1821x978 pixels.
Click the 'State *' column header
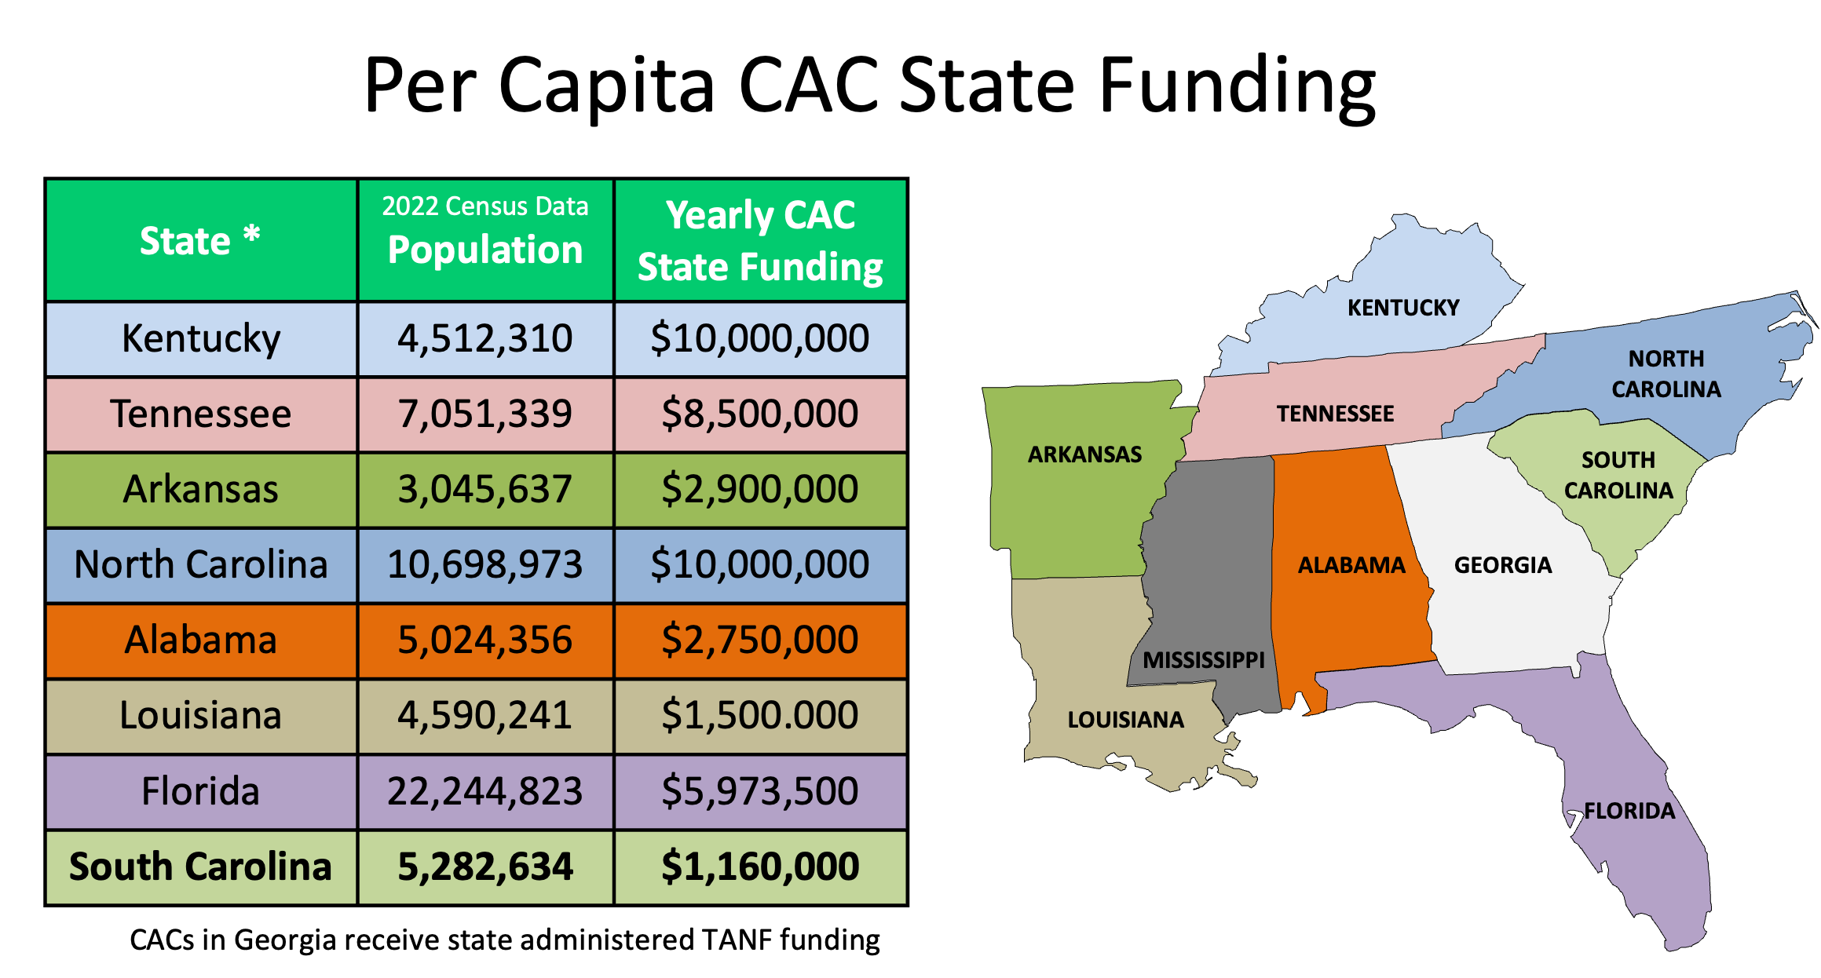200,240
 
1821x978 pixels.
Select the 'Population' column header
485,250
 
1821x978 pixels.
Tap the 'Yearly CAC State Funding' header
760,240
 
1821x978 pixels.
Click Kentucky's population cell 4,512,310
485,339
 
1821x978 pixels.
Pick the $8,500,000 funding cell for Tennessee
760,414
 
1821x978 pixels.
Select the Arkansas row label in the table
201,490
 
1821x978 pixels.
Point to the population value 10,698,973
485,565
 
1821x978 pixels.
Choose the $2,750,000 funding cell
760,640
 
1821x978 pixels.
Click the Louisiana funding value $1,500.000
760,716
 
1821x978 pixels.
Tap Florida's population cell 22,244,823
485,791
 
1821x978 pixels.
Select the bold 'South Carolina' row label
201,867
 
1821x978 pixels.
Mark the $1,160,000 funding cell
760,867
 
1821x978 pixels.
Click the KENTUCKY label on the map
1403,308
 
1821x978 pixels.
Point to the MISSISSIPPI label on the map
1204,660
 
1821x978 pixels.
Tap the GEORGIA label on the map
1503,565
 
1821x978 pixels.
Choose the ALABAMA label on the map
1351,565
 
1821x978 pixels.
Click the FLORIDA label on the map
1629,811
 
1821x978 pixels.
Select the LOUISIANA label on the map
1125,720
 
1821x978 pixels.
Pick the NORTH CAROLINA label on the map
1666,374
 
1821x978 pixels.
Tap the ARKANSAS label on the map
1085,454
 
